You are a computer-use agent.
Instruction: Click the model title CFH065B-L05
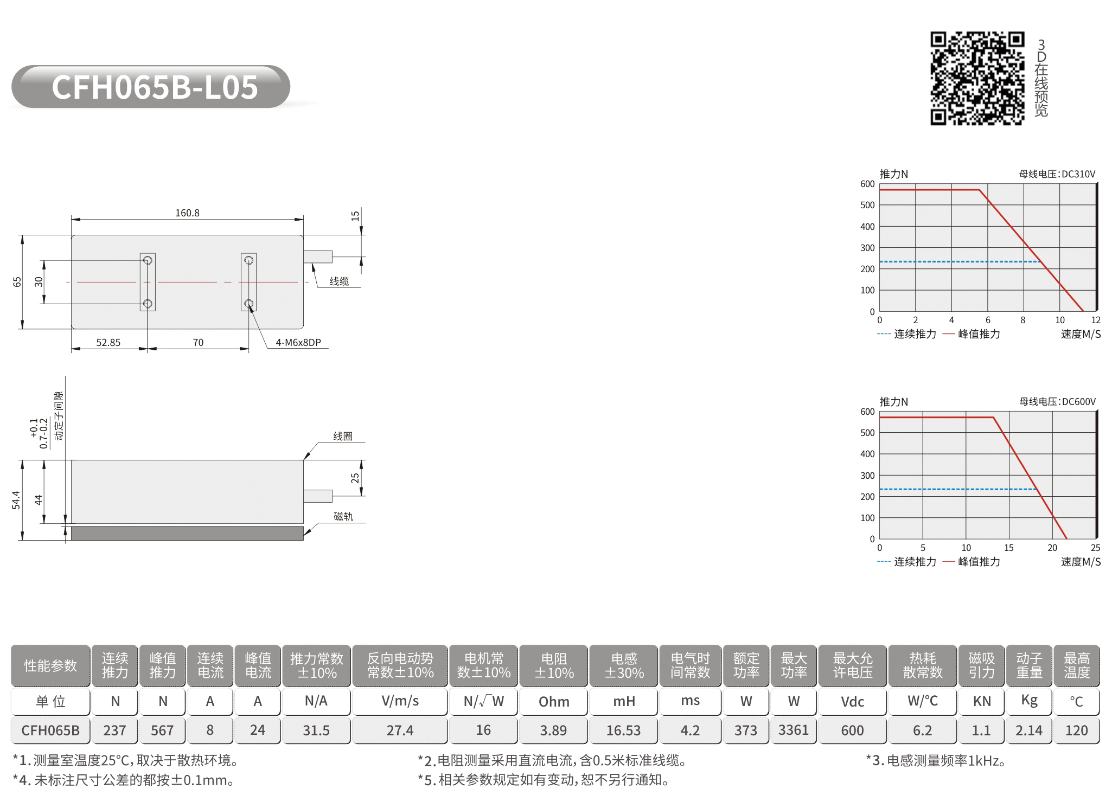pos(155,87)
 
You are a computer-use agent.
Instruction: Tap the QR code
pos(977,78)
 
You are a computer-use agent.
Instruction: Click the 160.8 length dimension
pos(187,213)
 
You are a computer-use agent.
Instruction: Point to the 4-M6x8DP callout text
pos(298,343)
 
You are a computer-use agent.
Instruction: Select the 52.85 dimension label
pos(108,343)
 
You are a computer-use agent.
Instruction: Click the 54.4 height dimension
pos(16,500)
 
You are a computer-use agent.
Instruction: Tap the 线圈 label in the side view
pos(343,437)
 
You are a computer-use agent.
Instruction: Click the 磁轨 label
pos(343,517)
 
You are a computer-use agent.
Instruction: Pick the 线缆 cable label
pos(340,281)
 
